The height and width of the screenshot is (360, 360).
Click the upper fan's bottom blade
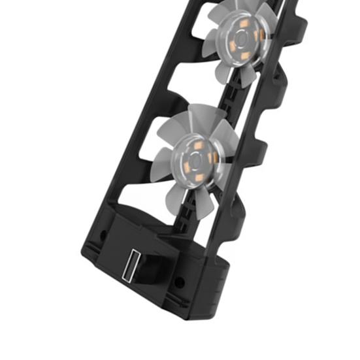pos(245,76)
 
